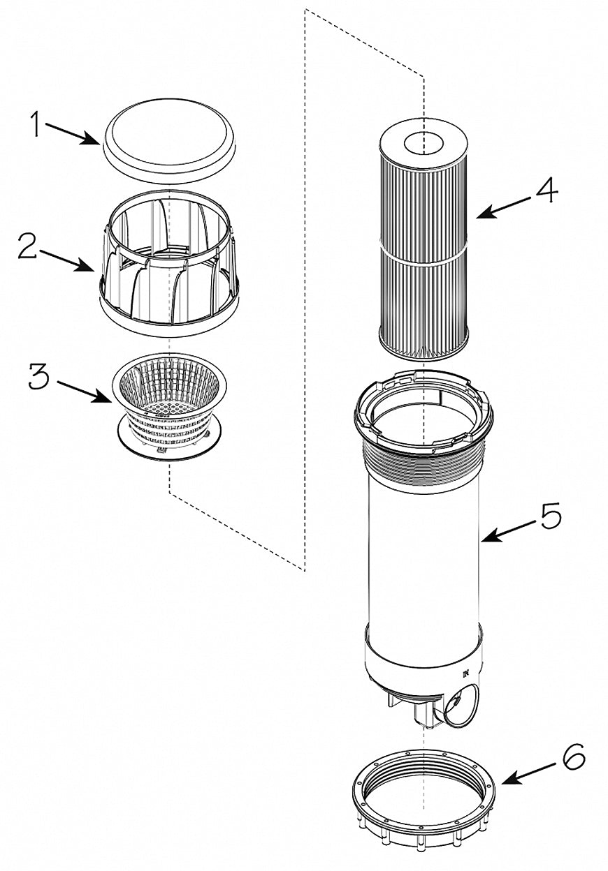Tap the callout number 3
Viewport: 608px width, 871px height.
coord(39,378)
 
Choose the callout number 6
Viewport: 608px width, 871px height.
coord(573,758)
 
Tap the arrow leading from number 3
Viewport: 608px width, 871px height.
coord(83,392)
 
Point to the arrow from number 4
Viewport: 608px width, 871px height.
coord(507,206)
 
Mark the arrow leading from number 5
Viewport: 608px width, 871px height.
coord(509,531)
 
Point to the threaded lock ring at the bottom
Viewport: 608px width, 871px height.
coord(423,799)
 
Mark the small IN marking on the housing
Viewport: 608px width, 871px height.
coord(465,673)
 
